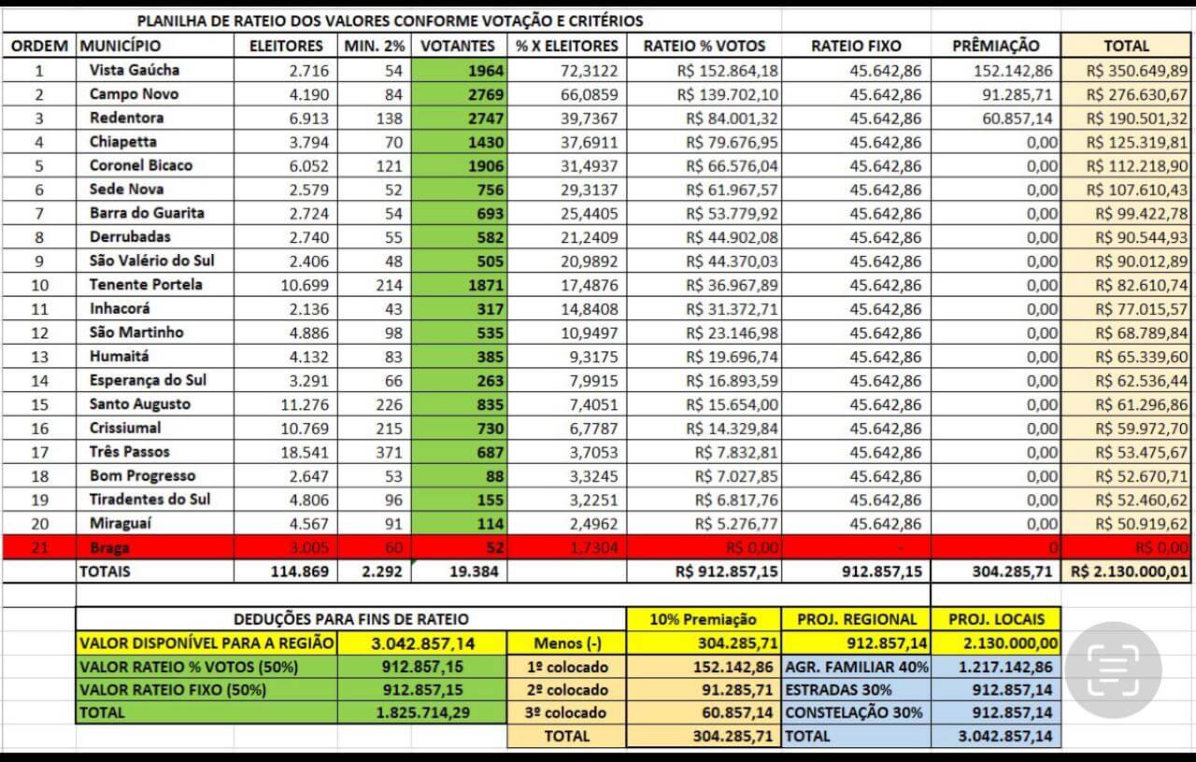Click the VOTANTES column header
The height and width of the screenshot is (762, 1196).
(x=458, y=46)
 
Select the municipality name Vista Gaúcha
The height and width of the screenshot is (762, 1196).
(x=135, y=70)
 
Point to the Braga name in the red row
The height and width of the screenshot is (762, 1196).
(x=110, y=547)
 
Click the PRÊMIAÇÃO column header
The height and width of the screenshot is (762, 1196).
(x=996, y=46)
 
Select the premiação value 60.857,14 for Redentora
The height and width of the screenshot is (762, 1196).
(x=1015, y=119)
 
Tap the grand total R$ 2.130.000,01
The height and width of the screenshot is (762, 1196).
(x=1130, y=571)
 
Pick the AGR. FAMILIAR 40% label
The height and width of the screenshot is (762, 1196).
(x=856, y=667)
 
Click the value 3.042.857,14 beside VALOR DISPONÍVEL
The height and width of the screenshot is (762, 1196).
(x=422, y=643)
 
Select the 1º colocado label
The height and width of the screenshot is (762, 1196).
(x=566, y=667)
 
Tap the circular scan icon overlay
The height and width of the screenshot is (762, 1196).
(x=1112, y=668)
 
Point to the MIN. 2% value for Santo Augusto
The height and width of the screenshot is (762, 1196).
(x=387, y=404)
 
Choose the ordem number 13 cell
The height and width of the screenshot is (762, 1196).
(x=39, y=357)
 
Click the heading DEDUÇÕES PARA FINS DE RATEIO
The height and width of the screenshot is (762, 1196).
(x=350, y=618)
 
